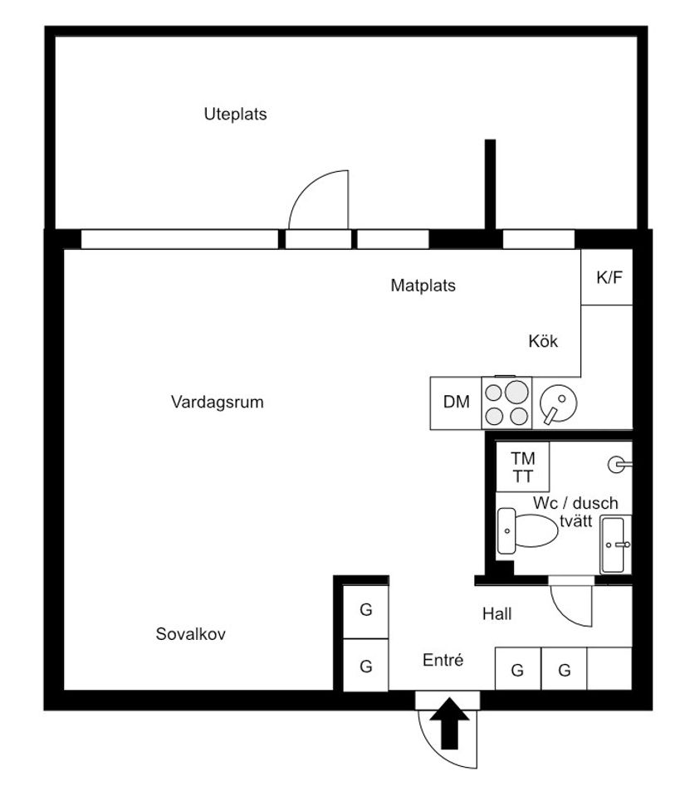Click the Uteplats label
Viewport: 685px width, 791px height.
235,115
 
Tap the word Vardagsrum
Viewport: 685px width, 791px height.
217,403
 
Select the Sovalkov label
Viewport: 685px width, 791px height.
191,634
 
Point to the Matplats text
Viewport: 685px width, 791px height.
423,286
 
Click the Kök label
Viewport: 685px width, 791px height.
543,341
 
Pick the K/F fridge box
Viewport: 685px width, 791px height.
609,277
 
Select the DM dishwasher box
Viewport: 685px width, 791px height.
456,403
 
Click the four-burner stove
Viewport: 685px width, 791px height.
506,403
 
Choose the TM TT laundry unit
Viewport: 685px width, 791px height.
523,467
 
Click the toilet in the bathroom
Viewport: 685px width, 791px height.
527,531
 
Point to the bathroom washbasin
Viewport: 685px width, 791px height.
615,544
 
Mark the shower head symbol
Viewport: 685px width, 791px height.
618,465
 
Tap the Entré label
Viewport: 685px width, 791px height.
443,661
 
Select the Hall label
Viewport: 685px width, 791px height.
497,614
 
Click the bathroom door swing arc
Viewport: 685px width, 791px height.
573,604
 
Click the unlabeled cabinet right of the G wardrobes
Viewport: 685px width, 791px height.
609,669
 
